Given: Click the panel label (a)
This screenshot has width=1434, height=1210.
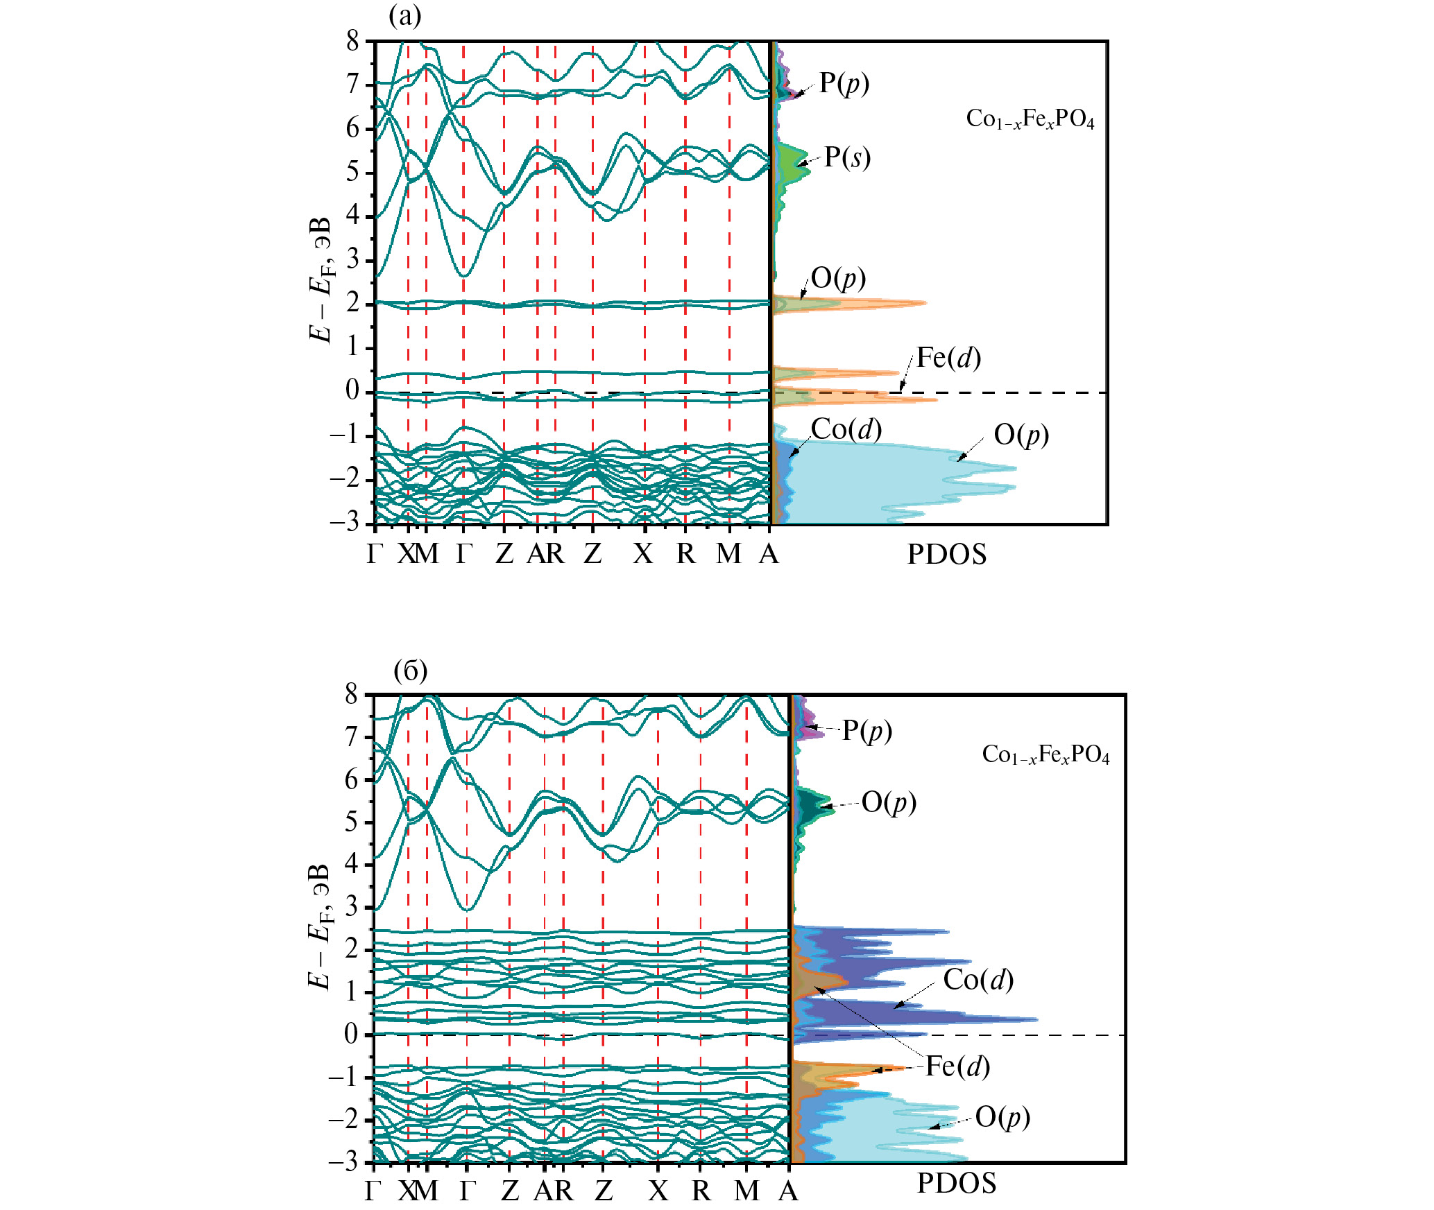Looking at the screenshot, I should (405, 16).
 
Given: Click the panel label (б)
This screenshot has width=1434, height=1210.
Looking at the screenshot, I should (410, 671).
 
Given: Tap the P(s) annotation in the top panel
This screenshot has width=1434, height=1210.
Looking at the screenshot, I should (847, 157).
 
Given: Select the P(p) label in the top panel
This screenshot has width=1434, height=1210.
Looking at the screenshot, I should (844, 83).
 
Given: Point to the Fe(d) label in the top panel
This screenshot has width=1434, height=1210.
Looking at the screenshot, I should (948, 358).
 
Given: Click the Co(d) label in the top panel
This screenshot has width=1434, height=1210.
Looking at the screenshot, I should (846, 429).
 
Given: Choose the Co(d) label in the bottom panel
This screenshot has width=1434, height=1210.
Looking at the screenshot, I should (978, 979).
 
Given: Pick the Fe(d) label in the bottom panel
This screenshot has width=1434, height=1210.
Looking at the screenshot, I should (957, 1066).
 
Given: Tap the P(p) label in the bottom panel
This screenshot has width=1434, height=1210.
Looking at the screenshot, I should (867, 730).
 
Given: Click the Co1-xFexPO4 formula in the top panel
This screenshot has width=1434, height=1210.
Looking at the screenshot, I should (1030, 119).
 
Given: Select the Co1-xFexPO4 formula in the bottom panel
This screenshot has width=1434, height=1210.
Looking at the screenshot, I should (1045, 754).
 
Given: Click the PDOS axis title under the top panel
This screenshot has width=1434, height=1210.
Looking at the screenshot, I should (947, 555).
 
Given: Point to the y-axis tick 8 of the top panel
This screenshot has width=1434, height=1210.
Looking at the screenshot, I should (354, 42).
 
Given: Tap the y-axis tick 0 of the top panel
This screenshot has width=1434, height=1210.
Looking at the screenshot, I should (353, 391).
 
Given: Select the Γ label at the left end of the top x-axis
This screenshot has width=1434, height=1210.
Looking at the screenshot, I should (375, 554).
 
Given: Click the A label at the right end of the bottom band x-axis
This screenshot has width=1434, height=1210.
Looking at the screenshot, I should (789, 1191).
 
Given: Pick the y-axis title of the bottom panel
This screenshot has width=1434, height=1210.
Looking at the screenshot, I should (320, 926).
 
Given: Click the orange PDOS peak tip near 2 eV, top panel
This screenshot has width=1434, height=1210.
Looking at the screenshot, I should (925, 303).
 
